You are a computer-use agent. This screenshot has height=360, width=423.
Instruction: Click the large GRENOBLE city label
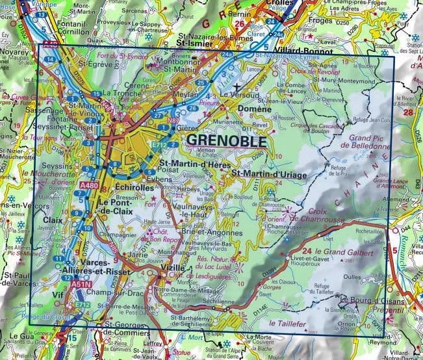tap(225, 140)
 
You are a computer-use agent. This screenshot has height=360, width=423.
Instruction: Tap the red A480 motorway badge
tap(90, 186)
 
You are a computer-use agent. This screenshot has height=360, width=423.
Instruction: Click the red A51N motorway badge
tap(81, 284)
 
